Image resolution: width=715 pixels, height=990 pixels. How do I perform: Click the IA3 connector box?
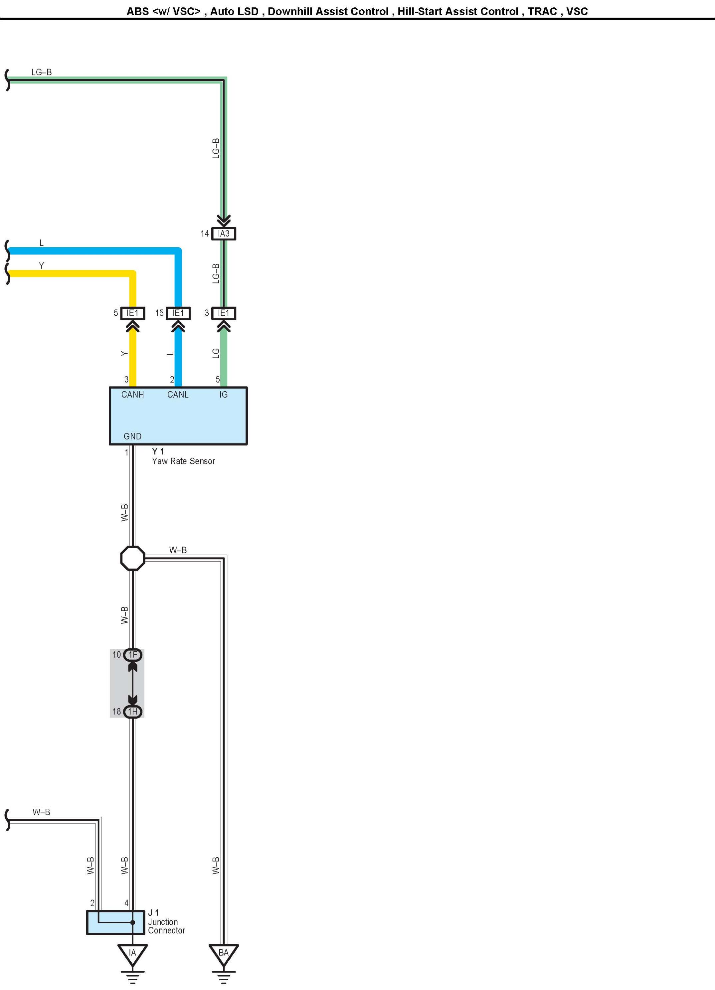point(224,234)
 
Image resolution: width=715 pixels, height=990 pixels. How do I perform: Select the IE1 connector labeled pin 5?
point(132,313)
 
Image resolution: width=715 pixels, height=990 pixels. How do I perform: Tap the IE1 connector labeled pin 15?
point(178,313)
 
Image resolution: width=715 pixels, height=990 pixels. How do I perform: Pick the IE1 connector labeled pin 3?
point(224,313)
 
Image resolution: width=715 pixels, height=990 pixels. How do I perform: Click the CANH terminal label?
point(132,395)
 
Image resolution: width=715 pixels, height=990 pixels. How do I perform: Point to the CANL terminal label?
point(178,395)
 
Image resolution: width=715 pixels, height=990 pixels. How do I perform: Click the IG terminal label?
point(224,395)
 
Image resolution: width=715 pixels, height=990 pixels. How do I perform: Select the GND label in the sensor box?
point(132,436)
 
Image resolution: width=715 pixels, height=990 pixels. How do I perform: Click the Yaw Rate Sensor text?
point(183,461)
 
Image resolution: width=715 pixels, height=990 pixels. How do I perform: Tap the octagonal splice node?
point(133,558)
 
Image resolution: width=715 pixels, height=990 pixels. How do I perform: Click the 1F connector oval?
point(133,655)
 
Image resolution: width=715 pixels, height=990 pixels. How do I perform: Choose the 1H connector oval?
point(133,712)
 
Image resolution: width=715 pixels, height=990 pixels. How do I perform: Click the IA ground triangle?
point(133,952)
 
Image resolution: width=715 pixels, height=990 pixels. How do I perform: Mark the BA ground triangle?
point(224,952)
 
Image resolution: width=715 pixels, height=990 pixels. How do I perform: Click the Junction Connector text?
point(166,926)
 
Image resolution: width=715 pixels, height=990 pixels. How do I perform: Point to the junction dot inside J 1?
point(133,922)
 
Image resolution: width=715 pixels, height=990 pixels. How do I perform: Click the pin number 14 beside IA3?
point(205,234)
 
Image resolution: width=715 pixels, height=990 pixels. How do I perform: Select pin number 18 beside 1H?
point(116,712)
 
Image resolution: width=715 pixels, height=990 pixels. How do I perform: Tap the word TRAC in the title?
point(542,11)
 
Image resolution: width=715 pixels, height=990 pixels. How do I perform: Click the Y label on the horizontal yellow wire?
point(42,265)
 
